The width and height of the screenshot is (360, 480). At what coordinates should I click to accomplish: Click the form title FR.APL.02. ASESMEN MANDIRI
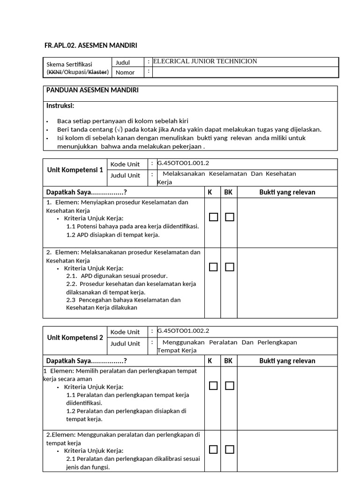pyautogui.click(x=91, y=45)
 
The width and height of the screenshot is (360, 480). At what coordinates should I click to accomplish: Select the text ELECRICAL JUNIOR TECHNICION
pyautogui.click(x=205, y=61)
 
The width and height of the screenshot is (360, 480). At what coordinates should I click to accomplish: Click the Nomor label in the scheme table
pyautogui.click(x=125, y=72)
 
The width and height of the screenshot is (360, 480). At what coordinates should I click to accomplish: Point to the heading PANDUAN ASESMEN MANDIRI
pyautogui.click(x=92, y=90)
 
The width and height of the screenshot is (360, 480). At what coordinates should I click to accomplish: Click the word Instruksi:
pyautogui.click(x=60, y=105)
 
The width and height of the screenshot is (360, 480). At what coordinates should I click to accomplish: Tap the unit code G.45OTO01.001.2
pyautogui.click(x=183, y=163)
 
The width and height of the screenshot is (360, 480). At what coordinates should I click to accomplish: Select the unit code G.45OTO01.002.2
pyautogui.click(x=183, y=330)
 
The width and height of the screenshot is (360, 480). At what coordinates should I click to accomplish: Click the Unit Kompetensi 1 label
pyautogui.click(x=75, y=170)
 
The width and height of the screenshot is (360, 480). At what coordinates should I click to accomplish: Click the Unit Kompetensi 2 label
pyautogui.click(x=75, y=337)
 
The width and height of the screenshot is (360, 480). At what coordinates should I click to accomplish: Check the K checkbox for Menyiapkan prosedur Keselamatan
pyautogui.click(x=213, y=217)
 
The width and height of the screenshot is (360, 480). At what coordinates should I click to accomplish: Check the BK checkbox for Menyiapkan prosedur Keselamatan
pyautogui.click(x=229, y=217)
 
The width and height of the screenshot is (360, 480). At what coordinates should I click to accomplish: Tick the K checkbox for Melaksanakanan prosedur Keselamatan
pyautogui.click(x=213, y=267)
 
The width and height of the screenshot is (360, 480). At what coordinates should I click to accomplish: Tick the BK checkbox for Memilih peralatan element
pyautogui.click(x=229, y=386)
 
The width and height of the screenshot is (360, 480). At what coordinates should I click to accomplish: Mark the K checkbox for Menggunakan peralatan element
pyautogui.click(x=213, y=450)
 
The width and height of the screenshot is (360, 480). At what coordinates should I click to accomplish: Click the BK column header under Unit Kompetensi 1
pyautogui.click(x=228, y=192)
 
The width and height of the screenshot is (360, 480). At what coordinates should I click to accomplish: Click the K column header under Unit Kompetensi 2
pyautogui.click(x=210, y=360)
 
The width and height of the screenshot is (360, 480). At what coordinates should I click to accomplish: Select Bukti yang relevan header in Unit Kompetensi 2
pyautogui.click(x=287, y=360)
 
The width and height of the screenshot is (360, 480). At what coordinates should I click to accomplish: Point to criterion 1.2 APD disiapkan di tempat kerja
pyautogui.click(x=113, y=235)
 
